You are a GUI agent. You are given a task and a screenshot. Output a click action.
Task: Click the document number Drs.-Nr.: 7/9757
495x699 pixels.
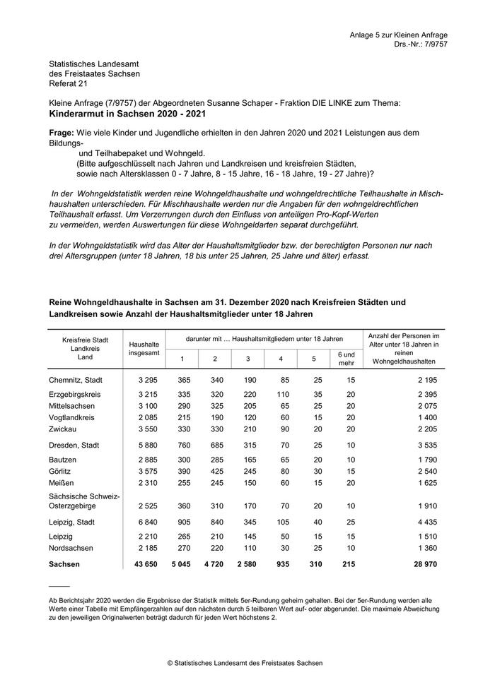[421, 44]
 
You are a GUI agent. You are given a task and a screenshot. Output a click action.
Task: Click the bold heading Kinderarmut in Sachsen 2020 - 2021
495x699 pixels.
[129, 113]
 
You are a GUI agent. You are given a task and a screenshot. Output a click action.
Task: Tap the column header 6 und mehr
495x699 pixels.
[346, 358]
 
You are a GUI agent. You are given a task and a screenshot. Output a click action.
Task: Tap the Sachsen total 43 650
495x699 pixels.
[146, 564]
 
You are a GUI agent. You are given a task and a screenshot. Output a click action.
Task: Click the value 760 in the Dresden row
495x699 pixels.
[182, 445]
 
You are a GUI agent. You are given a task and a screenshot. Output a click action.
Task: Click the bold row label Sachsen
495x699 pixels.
[64, 564]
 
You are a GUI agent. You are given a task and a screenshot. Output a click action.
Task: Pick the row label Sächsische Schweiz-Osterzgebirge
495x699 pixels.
[84, 502]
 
